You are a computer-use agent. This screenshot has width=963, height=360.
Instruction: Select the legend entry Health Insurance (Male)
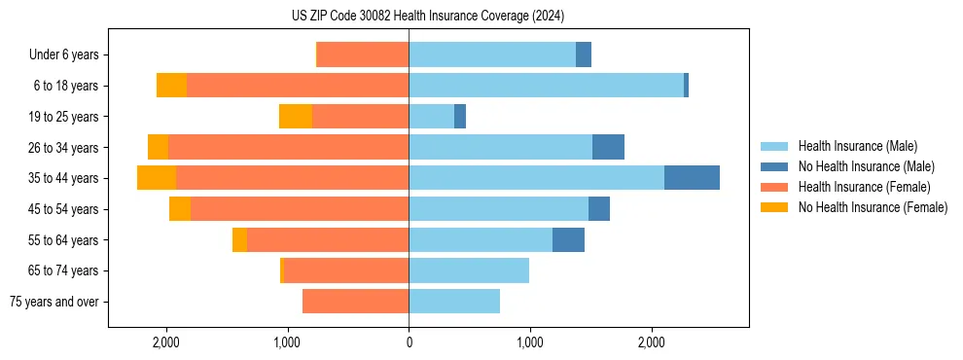coord(857,146)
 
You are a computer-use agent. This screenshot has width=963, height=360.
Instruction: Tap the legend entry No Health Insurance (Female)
coord(873,207)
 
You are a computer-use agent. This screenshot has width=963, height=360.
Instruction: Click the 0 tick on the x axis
coord(409,342)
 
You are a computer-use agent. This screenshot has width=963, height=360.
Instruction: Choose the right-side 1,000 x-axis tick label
coord(530,342)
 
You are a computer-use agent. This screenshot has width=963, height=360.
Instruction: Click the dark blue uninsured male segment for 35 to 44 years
coord(692,178)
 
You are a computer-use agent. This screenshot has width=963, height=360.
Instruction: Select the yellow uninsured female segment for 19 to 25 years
coord(296,117)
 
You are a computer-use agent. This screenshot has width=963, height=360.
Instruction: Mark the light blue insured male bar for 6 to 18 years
coord(546,86)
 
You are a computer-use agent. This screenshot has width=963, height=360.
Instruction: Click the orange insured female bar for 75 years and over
coord(355,302)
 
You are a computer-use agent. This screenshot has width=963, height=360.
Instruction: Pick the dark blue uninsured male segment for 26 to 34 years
coord(608,147)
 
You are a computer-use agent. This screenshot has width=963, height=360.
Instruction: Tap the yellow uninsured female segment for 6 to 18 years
coord(171,86)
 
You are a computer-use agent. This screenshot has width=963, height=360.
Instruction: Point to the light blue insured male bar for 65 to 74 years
coord(469,270)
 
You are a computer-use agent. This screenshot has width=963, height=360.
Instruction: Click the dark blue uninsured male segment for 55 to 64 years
coord(568,239)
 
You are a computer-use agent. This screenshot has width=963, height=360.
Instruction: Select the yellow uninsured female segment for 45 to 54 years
coord(180,209)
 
